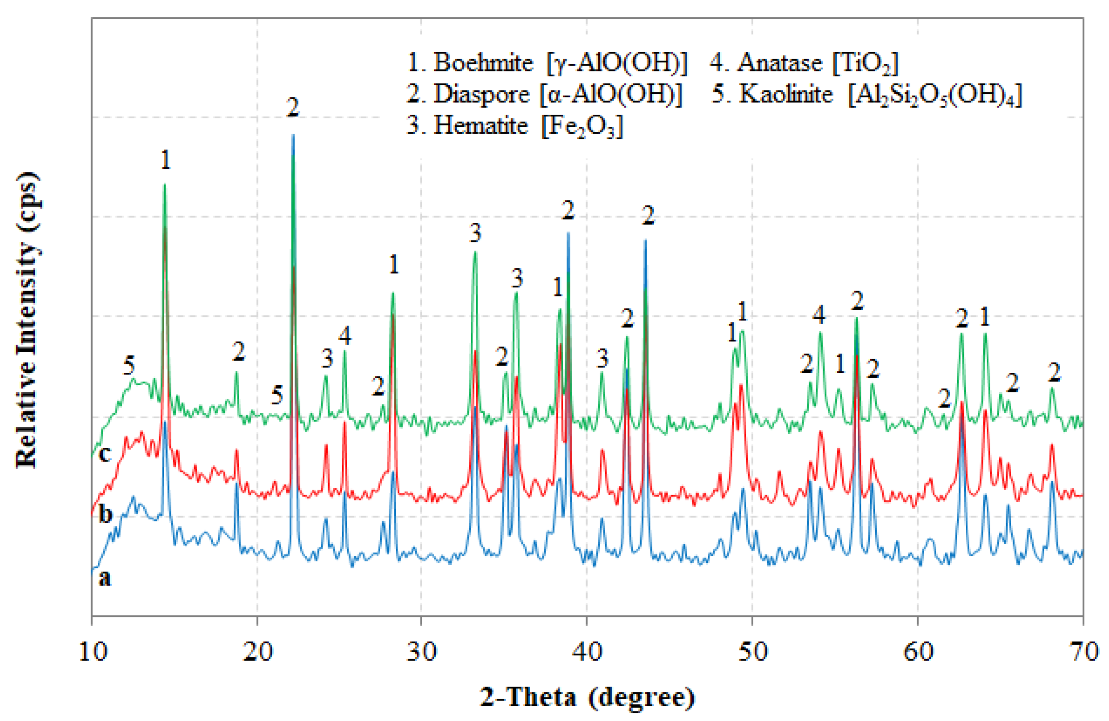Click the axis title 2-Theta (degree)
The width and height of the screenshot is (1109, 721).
click(x=587, y=698)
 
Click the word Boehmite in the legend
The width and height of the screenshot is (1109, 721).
click(x=483, y=63)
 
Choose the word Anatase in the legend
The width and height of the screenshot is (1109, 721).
click(x=780, y=63)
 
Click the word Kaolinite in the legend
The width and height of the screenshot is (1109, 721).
click(x=785, y=94)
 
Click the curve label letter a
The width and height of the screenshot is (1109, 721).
click(x=105, y=578)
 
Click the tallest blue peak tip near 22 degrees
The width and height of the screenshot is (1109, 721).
click(x=293, y=135)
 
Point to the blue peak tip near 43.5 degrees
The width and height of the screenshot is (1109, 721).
click(x=645, y=241)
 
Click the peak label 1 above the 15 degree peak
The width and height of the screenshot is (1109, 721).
click(x=166, y=160)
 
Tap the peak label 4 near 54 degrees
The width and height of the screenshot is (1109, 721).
click(x=819, y=315)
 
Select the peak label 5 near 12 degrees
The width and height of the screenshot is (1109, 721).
click(x=129, y=365)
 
